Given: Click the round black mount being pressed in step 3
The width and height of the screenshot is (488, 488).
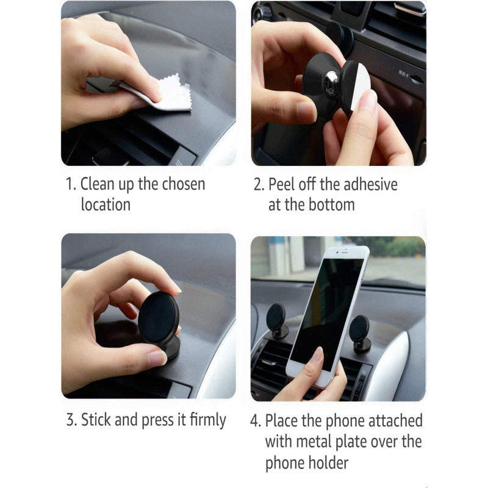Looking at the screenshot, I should pos(158,317).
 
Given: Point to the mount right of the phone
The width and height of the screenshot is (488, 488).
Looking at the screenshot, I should pos(359,331).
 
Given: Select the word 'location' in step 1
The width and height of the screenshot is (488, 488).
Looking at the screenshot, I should pos(106,205).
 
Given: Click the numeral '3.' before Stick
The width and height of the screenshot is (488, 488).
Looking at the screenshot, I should pos(71,420).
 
